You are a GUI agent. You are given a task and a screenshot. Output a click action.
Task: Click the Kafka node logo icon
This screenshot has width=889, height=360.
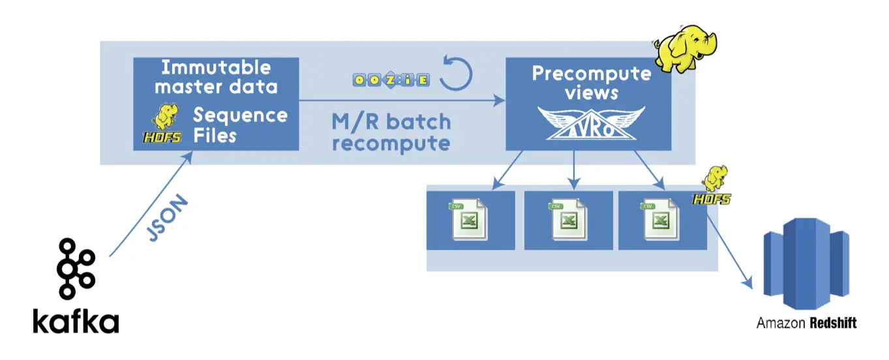click(x=76, y=269)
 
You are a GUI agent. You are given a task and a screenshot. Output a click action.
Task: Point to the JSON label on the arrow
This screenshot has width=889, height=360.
click(x=168, y=218)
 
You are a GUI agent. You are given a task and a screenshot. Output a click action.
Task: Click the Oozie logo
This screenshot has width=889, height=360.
click(x=391, y=80)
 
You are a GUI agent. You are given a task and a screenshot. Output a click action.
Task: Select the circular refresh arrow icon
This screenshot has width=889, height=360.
click(x=456, y=73)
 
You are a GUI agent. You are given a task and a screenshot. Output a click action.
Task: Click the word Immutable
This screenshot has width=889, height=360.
click(x=217, y=67)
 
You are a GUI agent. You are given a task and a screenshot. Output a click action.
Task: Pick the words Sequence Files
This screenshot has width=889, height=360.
click(x=240, y=125)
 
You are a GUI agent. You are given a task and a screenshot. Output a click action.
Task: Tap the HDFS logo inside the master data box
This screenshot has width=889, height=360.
click(x=162, y=123)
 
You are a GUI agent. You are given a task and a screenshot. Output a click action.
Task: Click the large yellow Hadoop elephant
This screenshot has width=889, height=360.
click(x=686, y=48)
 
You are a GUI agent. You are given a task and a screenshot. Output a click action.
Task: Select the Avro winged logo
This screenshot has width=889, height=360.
click(x=592, y=123)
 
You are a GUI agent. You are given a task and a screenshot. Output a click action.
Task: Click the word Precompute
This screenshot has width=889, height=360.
click(x=592, y=74)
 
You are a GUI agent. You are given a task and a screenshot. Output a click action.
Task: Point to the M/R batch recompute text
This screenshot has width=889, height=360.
click(x=391, y=132)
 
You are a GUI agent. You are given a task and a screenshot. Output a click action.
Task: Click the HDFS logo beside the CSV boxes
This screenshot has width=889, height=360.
click(x=713, y=185)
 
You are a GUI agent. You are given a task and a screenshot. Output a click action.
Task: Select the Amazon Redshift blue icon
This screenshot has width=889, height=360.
click(x=806, y=263)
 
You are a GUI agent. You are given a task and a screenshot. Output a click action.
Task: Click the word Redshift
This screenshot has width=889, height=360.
click(x=833, y=323)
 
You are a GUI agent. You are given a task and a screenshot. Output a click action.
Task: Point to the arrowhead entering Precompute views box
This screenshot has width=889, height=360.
click(x=499, y=100)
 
